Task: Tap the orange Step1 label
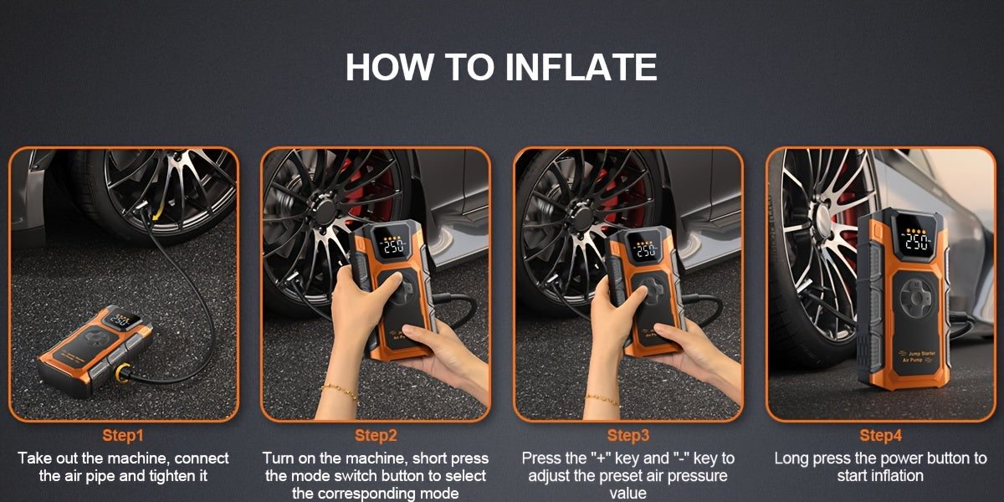123,435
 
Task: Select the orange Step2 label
376,435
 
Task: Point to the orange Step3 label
628,435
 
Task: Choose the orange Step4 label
881,435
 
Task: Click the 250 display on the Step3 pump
645,248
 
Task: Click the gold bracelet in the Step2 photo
339,391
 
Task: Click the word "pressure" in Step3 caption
701,476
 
